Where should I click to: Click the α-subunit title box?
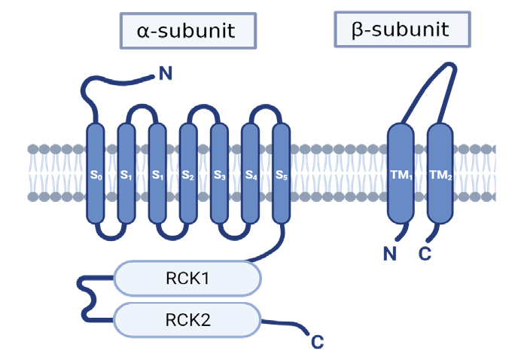point(186,31)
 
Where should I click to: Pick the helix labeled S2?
point(188,174)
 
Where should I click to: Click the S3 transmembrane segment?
point(219,174)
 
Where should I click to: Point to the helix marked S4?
point(250,174)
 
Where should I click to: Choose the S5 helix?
point(280,174)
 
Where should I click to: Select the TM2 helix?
point(440,174)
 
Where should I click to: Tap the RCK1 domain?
point(187,279)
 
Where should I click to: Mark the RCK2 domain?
point(187,320)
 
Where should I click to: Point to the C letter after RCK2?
point(317,343)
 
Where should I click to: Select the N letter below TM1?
point(389,254)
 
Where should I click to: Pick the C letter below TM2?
point(425,254)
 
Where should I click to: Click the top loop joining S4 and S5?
point(265,108)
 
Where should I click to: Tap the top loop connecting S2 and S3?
point(203,108)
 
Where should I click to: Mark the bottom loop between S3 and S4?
point(234,239)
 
